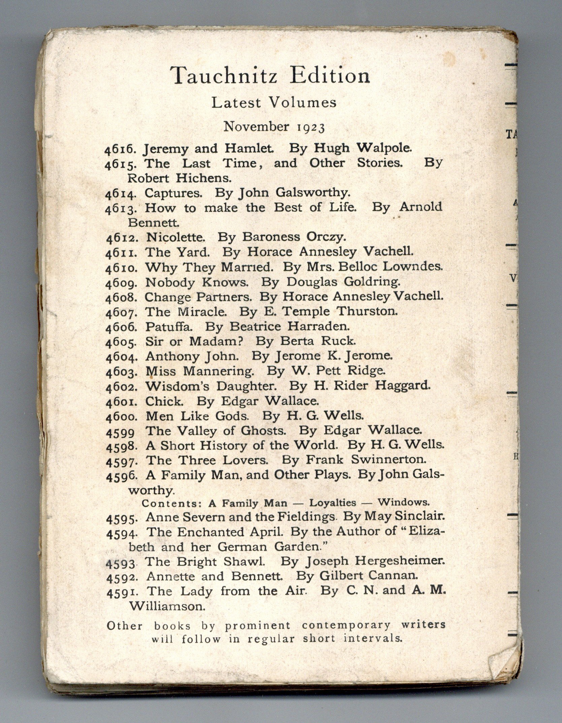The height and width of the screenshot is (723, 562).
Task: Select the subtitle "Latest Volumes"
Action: coord(274,103)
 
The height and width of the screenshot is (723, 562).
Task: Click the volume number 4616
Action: coord(122,149)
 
